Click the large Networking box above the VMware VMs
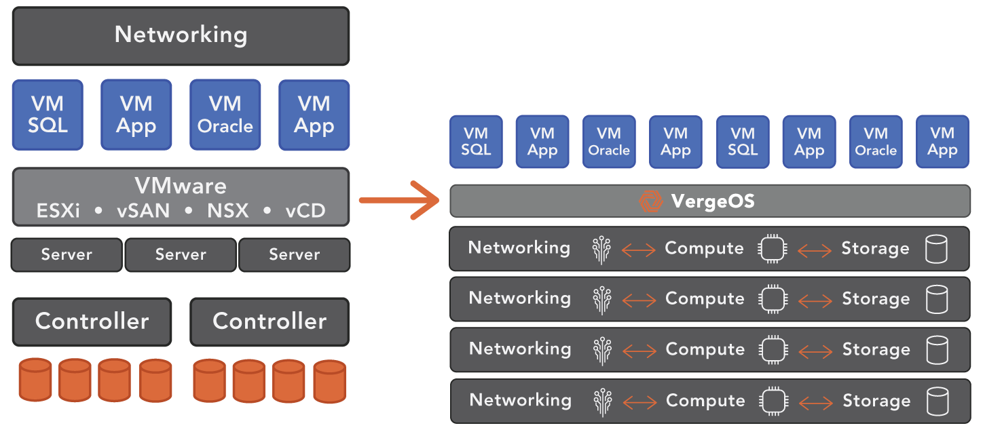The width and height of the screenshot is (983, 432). click(x=181, y=35)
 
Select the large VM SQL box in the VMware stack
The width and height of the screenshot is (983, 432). click(x=48, y=115)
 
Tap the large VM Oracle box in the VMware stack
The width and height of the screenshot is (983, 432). click(x=225, y=115)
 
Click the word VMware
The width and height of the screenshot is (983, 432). click(x=181, y=186)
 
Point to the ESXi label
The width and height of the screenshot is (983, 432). click(x=58, y=211)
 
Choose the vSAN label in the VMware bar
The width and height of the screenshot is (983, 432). click(x=143, y=211)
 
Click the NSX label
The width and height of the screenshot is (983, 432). click(x=227, y=211)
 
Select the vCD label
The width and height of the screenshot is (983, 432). click(x=305, y=211)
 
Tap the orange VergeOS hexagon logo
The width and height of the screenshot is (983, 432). click(x=650, y=201)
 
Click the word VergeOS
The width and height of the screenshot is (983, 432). click(x=713, y=201)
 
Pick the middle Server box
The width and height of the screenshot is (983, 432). click(x=181, y=255)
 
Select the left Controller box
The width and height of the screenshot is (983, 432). click(x=92, y=321)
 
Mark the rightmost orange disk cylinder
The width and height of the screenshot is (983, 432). click(x=329, y=380)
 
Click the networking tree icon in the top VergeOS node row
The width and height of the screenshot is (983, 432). click(x=601, y=250)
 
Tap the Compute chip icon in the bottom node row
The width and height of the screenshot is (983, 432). click(x=771, y=401)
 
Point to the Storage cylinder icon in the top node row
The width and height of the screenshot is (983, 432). click(x=936, y=249)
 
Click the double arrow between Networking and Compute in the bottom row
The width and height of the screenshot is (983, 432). click(x=639, y=401)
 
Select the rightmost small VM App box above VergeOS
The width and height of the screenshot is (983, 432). click(x=942, y=142)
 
